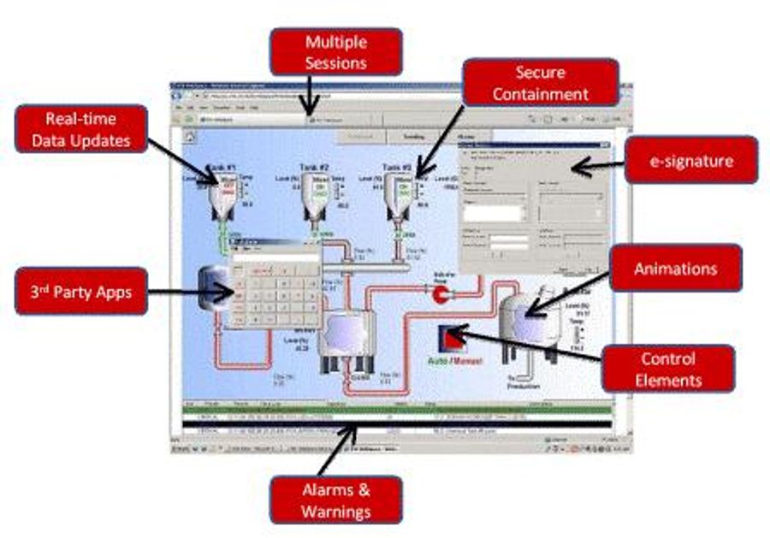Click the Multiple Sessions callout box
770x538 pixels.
point(336,51)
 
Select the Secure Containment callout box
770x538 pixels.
point(540,82)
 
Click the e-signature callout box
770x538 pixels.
point(690,160)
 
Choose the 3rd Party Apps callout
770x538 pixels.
point(80,291)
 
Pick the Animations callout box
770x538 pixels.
point(675,268)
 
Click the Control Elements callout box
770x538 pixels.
point(667,369)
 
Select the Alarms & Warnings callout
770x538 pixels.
point(335,500)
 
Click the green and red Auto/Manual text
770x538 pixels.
point(454,361)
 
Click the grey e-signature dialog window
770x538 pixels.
point(532,205)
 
